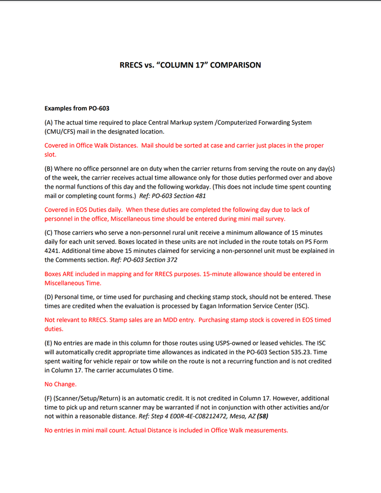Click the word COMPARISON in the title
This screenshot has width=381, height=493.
[x=236, y=65]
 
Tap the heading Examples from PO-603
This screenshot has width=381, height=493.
[x=77, y=108]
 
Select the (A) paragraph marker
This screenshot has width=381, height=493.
[x=49, y=122]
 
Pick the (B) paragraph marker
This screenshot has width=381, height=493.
[x=49, y=169]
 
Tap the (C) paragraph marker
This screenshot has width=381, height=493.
[x=49, y=232]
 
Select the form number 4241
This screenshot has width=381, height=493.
[x=52, y=250]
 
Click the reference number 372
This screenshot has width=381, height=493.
[x=172, y=259]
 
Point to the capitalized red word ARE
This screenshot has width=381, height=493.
[x=70, y=274]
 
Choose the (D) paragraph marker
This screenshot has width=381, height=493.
[x=49, y=297]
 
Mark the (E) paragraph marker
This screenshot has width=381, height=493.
[x=48, y=343]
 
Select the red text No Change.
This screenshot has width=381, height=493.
[x=61, y=384]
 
